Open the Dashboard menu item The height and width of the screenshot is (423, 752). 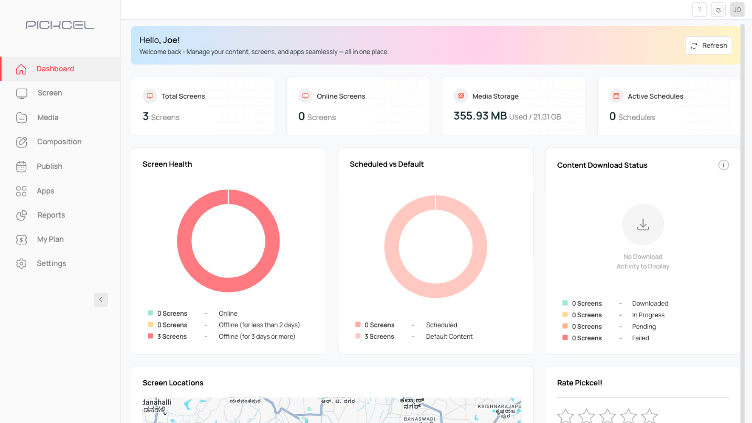(55, 69)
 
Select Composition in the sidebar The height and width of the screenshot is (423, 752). (59, 142)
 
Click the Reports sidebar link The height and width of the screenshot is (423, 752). (51, 215)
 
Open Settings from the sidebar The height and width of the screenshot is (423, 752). (51, 264)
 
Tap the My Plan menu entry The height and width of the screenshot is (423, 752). (50, 239)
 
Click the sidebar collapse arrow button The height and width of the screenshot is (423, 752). (101, 300)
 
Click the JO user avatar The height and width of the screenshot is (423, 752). (737, 10)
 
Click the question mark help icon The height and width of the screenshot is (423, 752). (699, 10)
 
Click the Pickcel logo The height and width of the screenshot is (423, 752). (60, 25)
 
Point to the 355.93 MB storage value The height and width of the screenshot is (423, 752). (480, 116)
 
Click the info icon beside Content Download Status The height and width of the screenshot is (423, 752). (723, 165)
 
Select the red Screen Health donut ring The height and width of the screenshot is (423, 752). (184, 241)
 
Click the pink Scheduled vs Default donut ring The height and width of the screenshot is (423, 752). (392, 247)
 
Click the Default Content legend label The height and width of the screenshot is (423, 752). (449, 336)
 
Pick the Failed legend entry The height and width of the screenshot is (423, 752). (640, 338)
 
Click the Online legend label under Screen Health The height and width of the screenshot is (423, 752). (228, 313)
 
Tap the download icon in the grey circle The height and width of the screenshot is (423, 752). (643, 224)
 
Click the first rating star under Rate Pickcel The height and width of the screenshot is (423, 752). (565, 416)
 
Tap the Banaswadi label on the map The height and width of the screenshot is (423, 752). (419, 419)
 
